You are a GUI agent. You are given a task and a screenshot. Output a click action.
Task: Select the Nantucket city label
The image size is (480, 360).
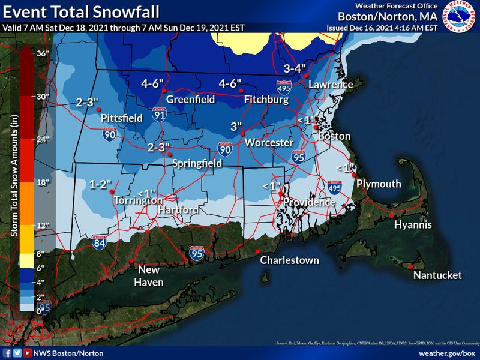[x=437, y=275]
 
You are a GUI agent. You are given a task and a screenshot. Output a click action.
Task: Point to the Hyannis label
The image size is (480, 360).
[x=413, y=225]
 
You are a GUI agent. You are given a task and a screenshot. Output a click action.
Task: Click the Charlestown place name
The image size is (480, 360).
[x=289, y=260]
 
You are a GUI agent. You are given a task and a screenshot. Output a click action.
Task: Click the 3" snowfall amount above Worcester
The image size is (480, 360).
[x=237, y=127]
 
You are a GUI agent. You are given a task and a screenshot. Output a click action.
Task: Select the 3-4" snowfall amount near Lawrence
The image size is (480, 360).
[x=295, y=68]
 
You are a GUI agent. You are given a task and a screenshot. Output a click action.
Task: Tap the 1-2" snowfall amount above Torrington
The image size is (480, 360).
[x=101, y=184]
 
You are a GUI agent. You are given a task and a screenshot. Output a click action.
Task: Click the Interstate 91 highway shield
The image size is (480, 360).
[x=158, y=115]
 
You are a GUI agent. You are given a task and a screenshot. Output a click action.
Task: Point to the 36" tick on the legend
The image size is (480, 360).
[x=41, y=53]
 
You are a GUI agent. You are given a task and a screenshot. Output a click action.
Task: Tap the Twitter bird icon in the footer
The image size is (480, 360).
[x=17, y=353]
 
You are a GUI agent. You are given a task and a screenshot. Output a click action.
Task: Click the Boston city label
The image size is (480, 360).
[x=334, y=137]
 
